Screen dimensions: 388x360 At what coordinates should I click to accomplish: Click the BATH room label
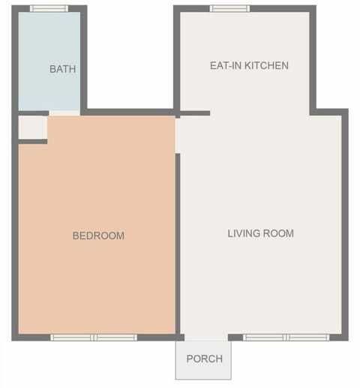[x=62, y=69]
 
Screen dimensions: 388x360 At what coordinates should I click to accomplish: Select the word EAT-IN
[x=224, y=66]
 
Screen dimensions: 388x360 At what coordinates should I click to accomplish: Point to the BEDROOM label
[x=98, y=236]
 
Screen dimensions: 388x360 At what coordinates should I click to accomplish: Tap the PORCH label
[x=204, y=359]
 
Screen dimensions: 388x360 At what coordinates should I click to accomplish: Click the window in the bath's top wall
[x=49, y=9]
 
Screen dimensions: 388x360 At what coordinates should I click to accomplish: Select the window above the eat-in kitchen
[x=229, y=9]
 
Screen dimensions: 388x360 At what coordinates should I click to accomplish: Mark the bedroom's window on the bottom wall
[x=94, y=337]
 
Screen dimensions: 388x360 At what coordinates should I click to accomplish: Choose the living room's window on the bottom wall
[x=286, y=337]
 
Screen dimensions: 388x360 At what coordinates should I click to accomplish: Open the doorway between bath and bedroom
[x=64, y=113]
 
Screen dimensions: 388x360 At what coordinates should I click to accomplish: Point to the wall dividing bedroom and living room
[x=178, y=240]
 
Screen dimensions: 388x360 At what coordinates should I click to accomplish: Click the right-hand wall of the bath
[x=83, y=60]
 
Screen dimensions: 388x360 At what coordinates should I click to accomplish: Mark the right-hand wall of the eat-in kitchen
[x=312, y=60]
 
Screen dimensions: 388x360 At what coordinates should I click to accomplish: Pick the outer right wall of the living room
[x=345, y=225]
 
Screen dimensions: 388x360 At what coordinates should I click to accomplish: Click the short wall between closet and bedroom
[x=31, y=141]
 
